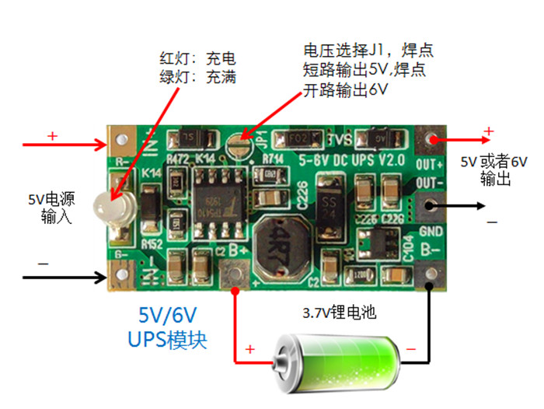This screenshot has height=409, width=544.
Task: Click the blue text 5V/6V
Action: click(x=169, y=315)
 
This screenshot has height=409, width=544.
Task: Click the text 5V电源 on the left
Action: click(x=55, y=197)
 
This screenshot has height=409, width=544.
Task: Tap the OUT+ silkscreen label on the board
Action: click(x=429, y=165)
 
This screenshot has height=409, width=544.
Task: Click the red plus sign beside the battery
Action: click(x=250, y=350)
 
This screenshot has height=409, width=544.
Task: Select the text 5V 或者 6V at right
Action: click(x=494, y=163)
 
